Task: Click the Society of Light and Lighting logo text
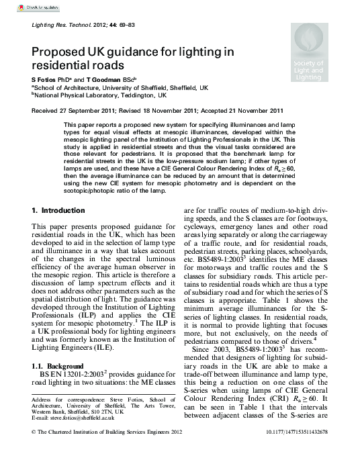point(308,71)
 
